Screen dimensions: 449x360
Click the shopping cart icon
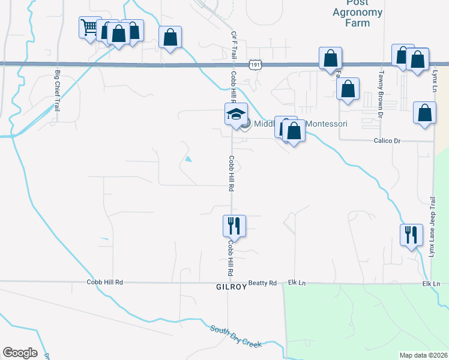[89, 27]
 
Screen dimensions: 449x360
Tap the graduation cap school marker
[236, 113]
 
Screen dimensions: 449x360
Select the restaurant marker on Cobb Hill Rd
[234, 226]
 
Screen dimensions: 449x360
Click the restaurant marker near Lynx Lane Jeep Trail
[411, 234]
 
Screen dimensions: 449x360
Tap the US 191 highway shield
[255, 64]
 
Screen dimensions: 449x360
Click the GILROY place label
[231, 287]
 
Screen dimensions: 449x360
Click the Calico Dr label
[387, 140]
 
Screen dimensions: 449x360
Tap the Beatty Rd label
[262, 283]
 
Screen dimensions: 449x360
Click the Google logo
[20, 353]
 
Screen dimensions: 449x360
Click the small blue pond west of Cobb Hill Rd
[188, 160]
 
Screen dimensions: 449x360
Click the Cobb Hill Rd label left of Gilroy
[104, 282]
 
